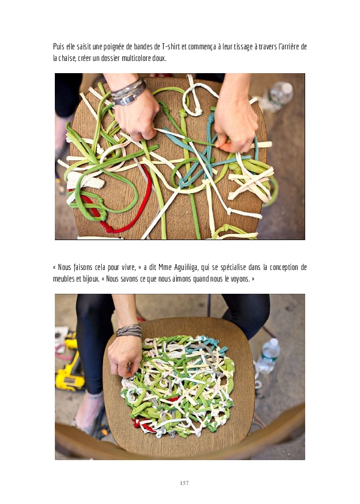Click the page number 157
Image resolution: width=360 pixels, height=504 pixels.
point(184,483)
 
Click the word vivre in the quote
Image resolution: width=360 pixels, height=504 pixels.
point(128,268)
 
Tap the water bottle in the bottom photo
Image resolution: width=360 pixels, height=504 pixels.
point(269,355)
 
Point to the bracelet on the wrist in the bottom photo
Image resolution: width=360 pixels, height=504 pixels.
point(129,331)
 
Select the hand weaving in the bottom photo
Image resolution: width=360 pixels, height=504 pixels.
point(124,356)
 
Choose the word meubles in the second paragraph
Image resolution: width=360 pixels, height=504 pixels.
point(63,279)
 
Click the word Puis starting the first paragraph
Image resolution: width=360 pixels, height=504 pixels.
point(58,47)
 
